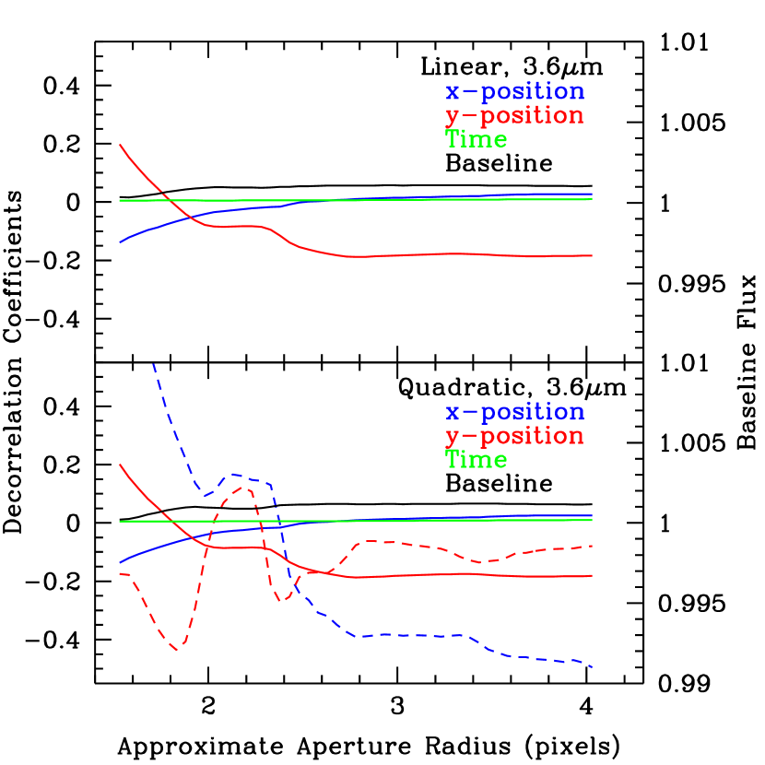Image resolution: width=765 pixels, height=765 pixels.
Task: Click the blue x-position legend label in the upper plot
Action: pyautogui.click(x=514, y=92)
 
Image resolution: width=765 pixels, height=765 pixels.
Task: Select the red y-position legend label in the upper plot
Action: pyautogui.click(x=514, y=116)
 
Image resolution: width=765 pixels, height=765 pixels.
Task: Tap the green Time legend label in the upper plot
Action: pyautogui.click(x=476, y=140)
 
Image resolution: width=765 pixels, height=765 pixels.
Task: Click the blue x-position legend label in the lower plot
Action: pyautogui.click(x=514, y=413)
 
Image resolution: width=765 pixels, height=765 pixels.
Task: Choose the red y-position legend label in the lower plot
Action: pyautogui.click(x=514, y=437)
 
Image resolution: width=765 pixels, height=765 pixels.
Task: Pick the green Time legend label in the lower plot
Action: pyautogui.click(x=476, y=460)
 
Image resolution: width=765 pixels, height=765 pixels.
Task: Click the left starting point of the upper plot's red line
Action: pyautogui.click(x=121, y=146)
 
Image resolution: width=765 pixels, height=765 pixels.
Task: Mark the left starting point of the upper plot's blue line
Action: pyautogui.click(x=121, y=241)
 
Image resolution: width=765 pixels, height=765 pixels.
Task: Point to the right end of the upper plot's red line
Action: pyautogui.click(x=591, y=255)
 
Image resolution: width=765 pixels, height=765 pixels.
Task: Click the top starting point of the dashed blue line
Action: pyautogui.click(x=153, y=364)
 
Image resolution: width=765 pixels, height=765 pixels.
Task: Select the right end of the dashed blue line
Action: pyautogui.click(x=591, y=666)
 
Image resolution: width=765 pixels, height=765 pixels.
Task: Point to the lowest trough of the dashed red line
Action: pyautogui.click(x=179, y=648)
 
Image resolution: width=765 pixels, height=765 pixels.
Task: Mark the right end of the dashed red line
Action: pyautogui.click(x=591, y=547)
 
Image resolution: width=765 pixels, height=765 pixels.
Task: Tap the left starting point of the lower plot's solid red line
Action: pyautogui.click(x=121, y=465)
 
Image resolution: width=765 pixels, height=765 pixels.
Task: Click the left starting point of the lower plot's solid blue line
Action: pyautogui.click(x=121, y=561)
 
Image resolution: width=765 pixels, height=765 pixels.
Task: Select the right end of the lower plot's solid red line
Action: pyautogui.click(x=591, y=576)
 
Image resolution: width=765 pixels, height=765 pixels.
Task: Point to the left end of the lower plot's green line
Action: pyautogui.click(x=121, y=522)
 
